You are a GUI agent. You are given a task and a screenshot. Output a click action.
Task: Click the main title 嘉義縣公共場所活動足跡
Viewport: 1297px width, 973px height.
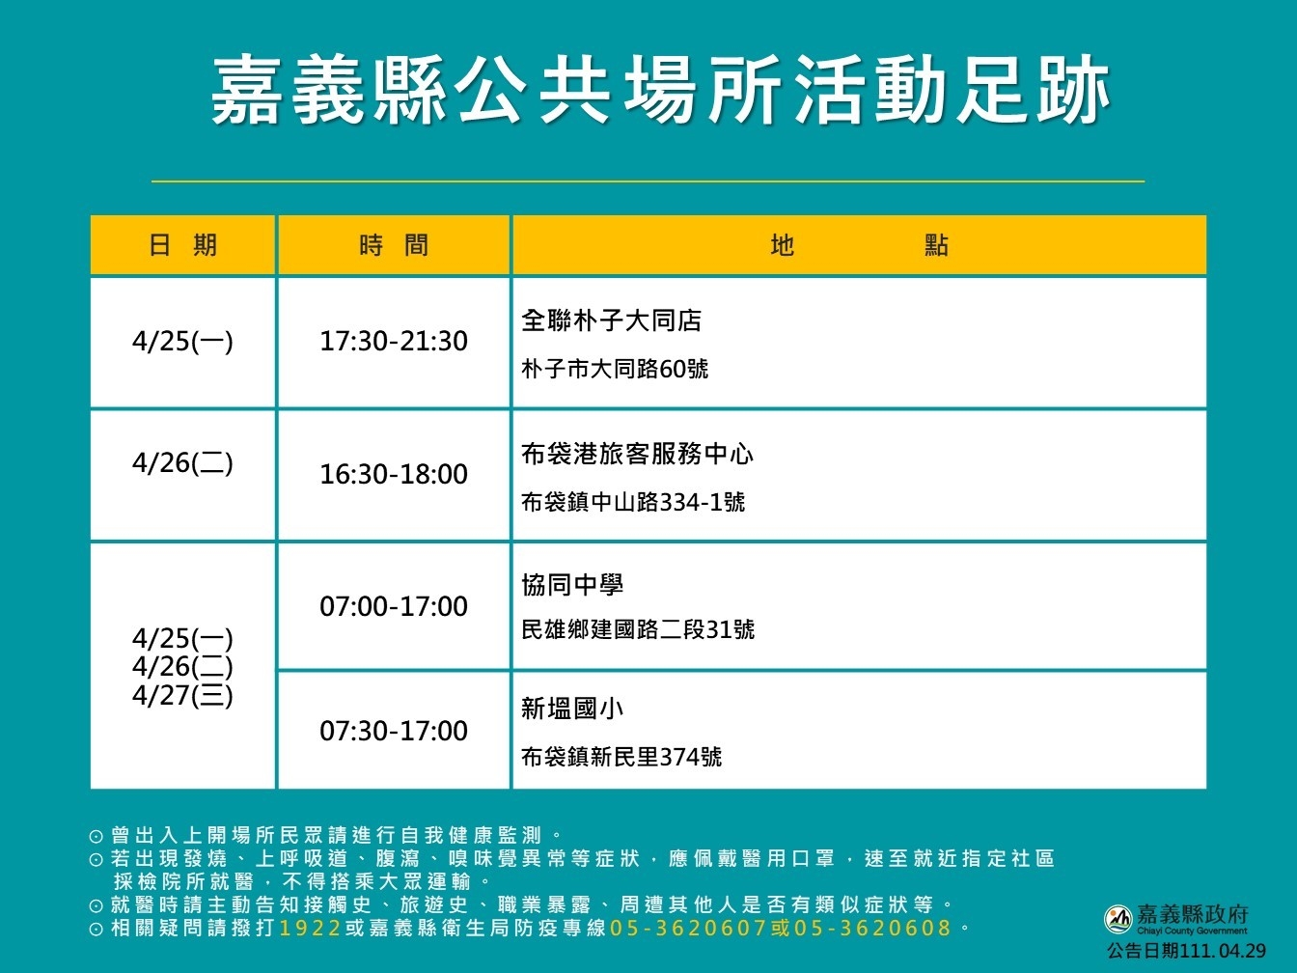[661, 90]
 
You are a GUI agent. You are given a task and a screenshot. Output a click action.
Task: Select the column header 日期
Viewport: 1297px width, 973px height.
[182, 245]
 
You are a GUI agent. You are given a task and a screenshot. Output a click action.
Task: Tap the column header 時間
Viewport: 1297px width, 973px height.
[394, 245]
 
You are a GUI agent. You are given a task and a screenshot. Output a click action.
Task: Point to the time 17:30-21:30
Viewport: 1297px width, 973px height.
[394, 341]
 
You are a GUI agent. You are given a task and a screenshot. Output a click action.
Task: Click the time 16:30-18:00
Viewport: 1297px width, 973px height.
[394, 474]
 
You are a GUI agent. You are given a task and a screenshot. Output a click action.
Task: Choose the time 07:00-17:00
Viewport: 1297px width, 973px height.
[394, 606]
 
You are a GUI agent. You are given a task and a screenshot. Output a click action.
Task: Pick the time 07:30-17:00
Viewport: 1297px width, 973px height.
[394, 731]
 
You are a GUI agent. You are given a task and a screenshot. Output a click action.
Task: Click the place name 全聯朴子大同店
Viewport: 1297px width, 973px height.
[611, 320]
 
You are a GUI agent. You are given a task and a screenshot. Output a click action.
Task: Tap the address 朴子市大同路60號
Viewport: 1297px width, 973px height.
[615, 369]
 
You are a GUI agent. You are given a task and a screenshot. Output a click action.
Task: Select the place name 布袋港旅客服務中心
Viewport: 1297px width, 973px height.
[637, 454]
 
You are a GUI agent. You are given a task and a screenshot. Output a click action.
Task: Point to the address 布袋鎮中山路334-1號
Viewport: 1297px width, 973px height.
[633, 502]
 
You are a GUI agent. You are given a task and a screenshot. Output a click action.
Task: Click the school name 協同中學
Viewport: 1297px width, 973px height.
[572, 585]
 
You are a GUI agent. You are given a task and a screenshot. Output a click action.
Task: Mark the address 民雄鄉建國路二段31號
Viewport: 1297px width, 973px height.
[638, 629]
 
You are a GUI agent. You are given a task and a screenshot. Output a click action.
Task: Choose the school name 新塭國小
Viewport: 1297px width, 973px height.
[572, 709]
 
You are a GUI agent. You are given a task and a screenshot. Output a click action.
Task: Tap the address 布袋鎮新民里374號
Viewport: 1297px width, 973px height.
[621, 757]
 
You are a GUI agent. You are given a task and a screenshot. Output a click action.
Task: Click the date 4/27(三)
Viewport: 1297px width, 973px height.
[182, 695]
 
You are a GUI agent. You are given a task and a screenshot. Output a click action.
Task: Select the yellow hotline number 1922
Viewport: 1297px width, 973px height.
[310, 928]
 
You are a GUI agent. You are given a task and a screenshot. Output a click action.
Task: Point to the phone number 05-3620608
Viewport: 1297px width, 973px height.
[872, 928]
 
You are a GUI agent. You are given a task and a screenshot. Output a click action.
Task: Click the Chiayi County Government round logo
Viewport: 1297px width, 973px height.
[1118, 919]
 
